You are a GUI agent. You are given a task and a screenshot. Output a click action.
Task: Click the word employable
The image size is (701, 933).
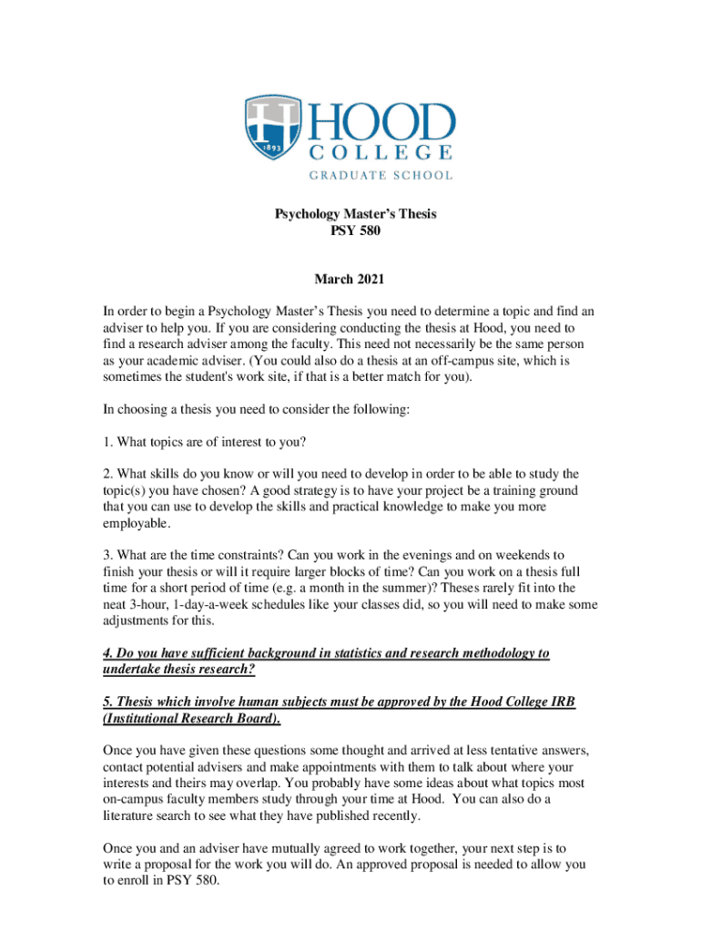pos(136,523)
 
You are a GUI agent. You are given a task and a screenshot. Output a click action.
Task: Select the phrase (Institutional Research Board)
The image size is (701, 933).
pos(192,719)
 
